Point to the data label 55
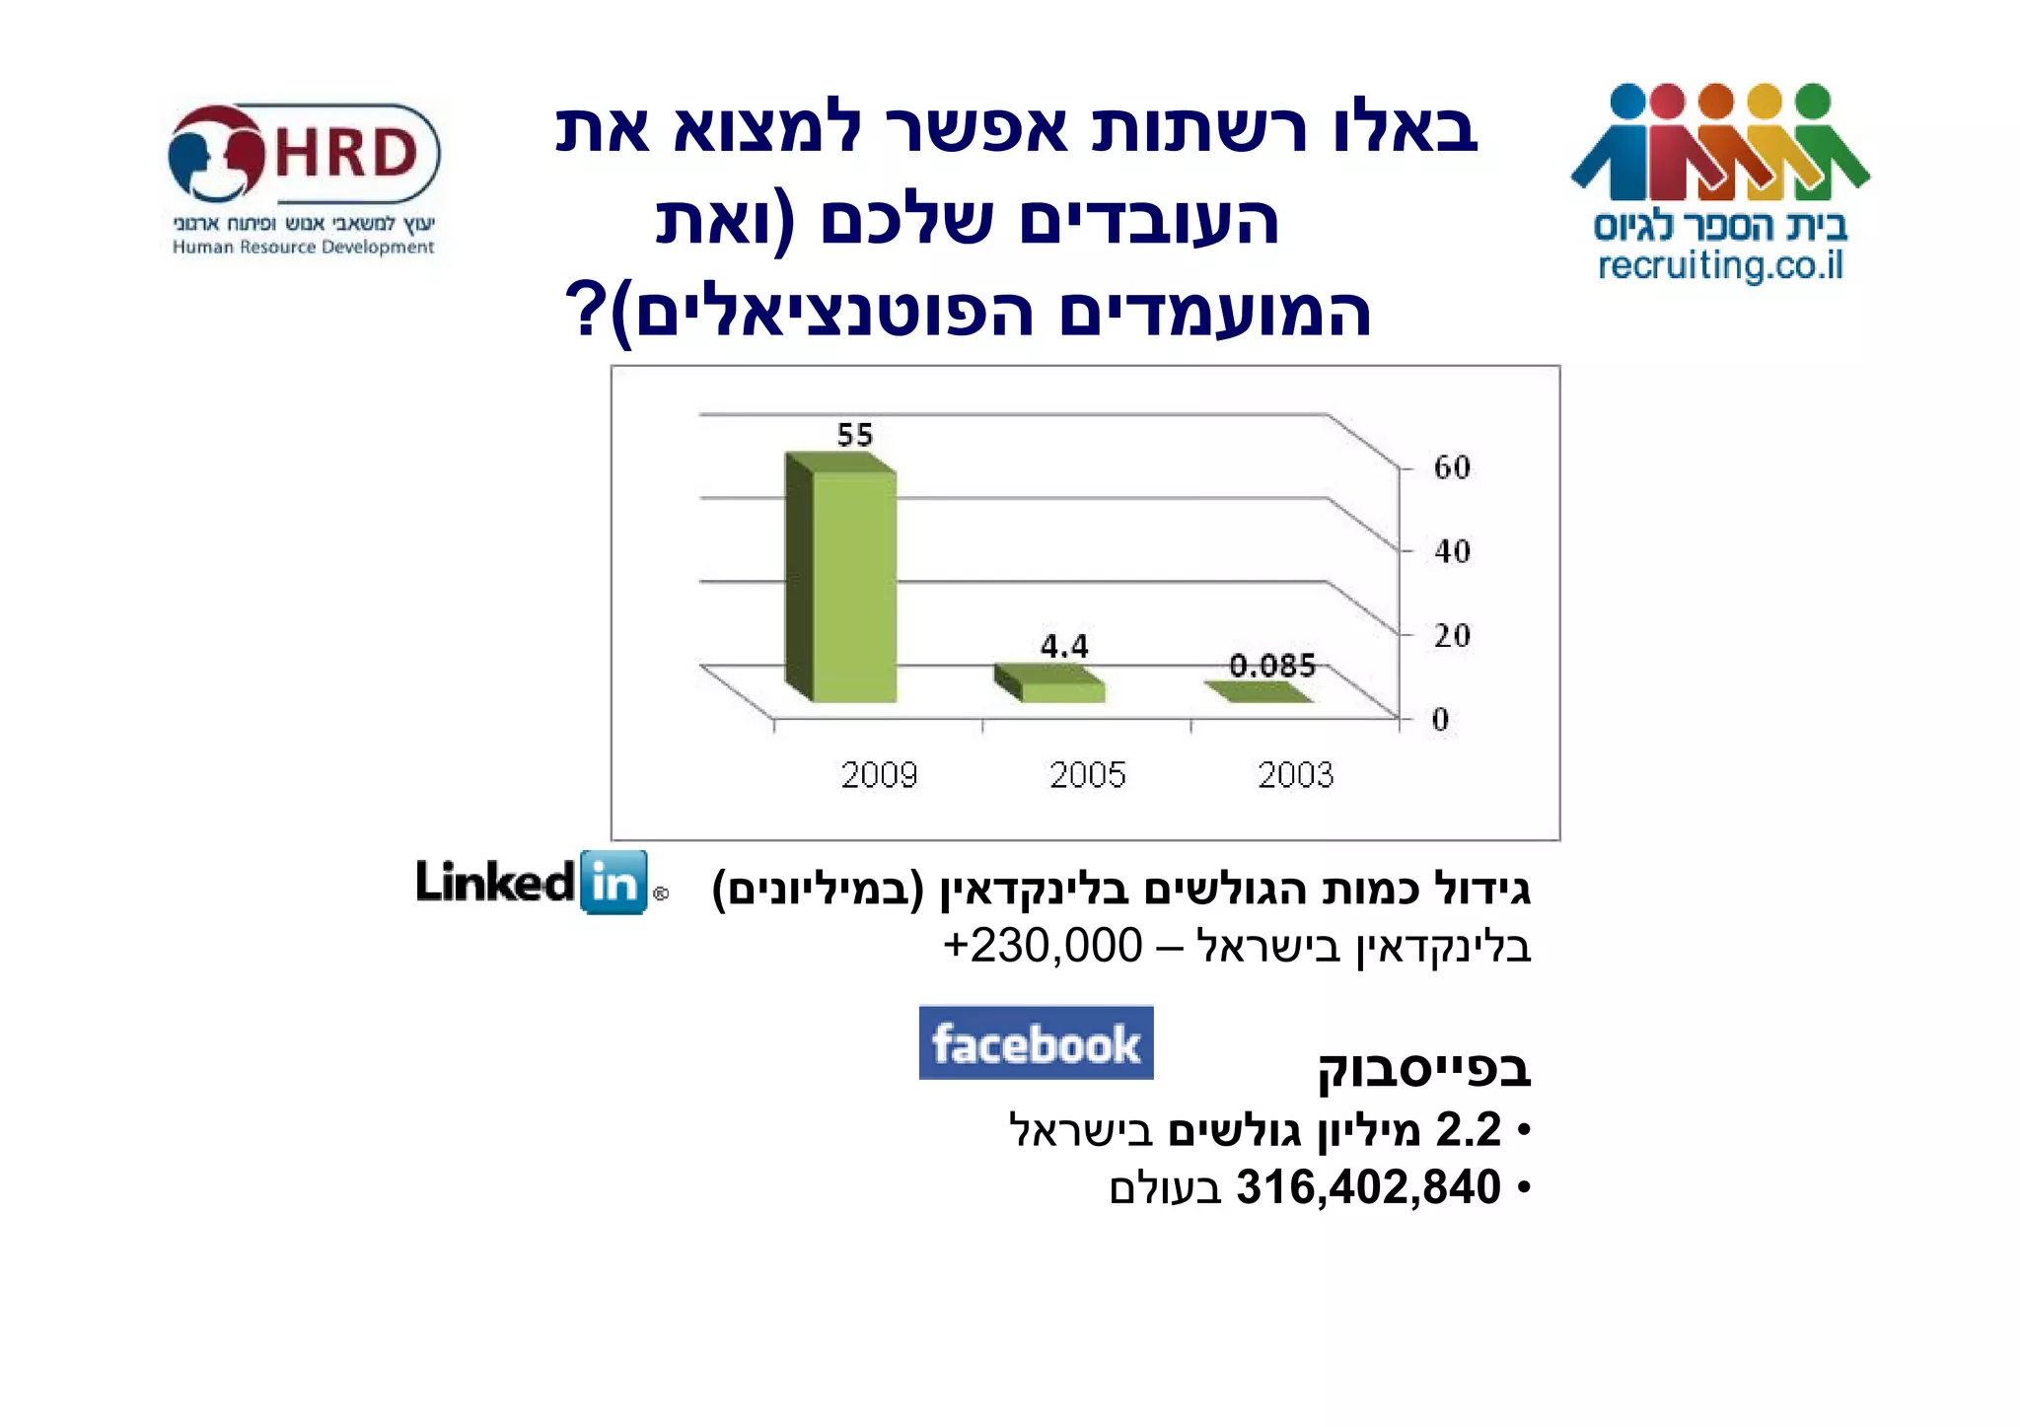point(855,435)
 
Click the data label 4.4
point(1064,647)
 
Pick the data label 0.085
point(1272,666)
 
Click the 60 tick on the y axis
point(1452,466)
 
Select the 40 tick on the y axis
point(1452,551)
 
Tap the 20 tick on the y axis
point(1452,635)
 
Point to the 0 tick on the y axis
point(1441,720)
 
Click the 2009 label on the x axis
point(879,775)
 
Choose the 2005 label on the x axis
point(1087,775)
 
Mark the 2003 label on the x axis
point(1295,775)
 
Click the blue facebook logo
point(1036,1042)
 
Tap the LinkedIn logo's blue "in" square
point(614,882)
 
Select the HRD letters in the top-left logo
point(345,155)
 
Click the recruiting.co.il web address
point(1720,266)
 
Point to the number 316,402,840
point(1368,1187)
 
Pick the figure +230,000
point(1043,946)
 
